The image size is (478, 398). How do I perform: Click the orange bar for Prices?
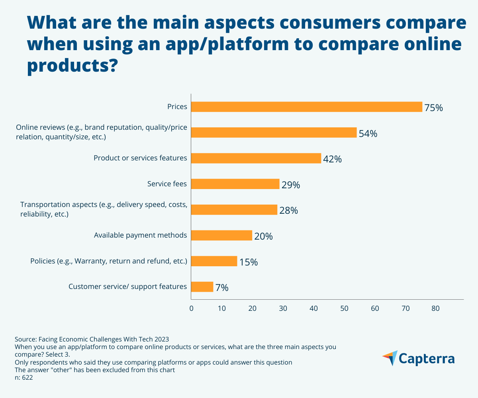click(x=306, y=107)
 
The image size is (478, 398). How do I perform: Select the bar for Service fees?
click(x=235, y=184)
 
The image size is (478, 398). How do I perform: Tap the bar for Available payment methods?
click(x=221, y=235)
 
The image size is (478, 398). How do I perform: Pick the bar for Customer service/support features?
click(x=202, y=287)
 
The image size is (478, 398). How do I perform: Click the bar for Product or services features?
click(x=256, y=158)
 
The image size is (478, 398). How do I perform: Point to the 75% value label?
click(x=433, y=107)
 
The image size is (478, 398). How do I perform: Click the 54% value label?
click(x=368, y=133)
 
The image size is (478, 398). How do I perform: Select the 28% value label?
click(x=288, y=211)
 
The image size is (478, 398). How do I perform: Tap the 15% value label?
click(x=249, y=262)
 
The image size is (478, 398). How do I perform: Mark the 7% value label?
click(x=222, y=288)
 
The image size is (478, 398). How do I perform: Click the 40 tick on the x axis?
click(x=313, y=308)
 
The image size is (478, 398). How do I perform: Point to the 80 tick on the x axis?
click(x=435, y=308)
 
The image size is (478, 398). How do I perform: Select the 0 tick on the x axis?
click(x=191, y=308)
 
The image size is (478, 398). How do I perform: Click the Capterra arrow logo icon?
click(x=390, y=358)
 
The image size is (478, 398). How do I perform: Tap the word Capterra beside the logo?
click(x=427, y=359)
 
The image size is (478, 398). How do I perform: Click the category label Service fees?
click(x=167, y=184)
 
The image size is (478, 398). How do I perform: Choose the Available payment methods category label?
click(x=140, y=235)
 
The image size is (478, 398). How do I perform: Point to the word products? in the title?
click(x=72, y=65)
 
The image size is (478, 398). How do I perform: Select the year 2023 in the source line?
click(x=161, y=339)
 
